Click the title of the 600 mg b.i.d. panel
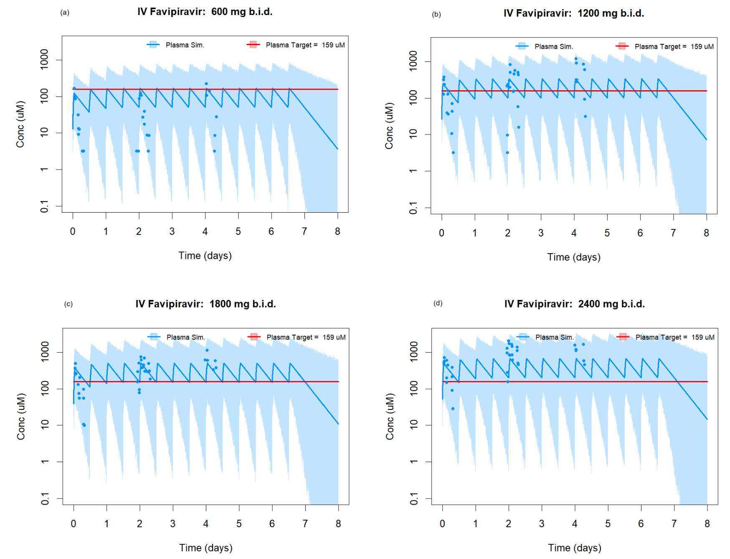205,12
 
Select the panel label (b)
436,14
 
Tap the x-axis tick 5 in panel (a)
238,231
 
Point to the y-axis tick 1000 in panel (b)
413,61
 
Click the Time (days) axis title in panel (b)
573,257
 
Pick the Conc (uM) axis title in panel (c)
20,416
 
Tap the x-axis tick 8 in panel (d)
707,523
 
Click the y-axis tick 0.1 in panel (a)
44,206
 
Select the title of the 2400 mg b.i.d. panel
574,304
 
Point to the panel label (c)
68,304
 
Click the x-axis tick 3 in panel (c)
172,523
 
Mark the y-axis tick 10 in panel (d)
413,425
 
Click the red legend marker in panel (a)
253,45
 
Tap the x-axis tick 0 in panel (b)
441,233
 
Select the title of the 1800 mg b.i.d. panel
205,304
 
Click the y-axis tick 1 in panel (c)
45,461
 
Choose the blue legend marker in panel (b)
522,46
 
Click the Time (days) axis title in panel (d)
574,548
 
